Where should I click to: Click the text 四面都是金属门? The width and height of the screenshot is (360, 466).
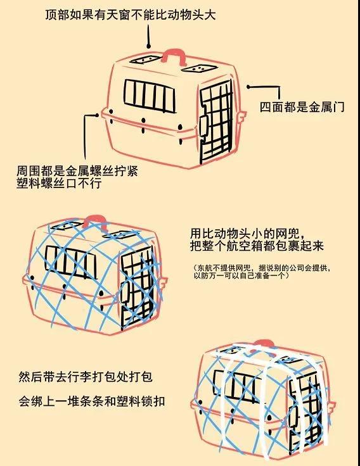pyautogui.click(x=302, y=106)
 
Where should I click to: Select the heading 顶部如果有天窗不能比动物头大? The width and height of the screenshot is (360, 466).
pyautogui.click(x=131, y=14)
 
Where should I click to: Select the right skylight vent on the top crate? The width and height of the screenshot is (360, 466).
pyautogui.click(x=196, y=67)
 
